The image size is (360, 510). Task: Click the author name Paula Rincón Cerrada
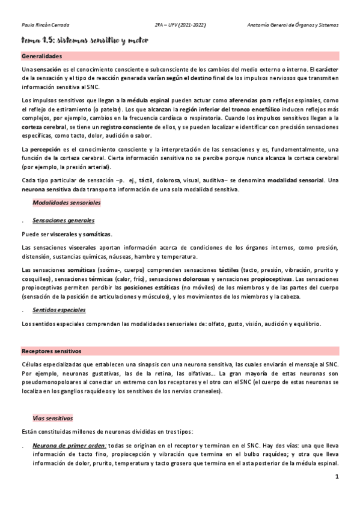(x=45, y=26)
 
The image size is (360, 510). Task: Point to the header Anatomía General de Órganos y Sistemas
(x=293, y=26)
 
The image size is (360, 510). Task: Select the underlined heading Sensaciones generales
(x=64, y=221)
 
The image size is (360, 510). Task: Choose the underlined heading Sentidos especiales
(x=59, y=310)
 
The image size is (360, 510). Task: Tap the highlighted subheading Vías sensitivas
(x=53, y=417)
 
